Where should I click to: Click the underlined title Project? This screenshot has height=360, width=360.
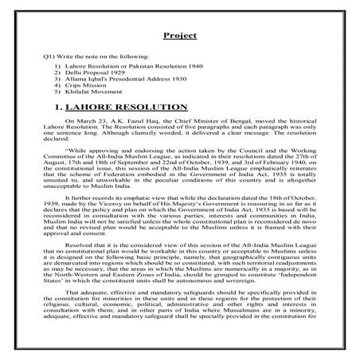[180, 37]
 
